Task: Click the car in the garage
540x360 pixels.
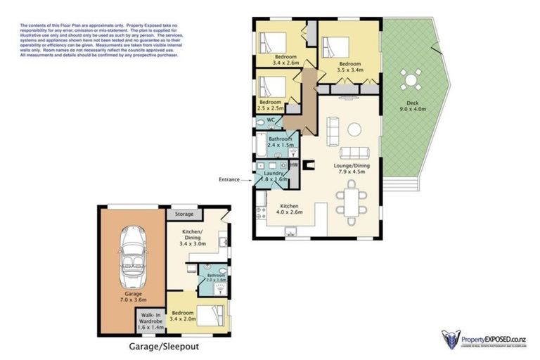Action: coord(132,257)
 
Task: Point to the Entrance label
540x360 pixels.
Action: coord(229,180)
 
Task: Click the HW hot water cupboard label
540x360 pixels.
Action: coord(294,165)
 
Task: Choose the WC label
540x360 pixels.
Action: coord(271,120)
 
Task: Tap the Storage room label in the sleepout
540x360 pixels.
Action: coord(185,214)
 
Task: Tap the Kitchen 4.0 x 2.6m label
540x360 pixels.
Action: coord(288,209)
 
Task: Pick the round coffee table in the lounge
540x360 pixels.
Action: coord(355,129)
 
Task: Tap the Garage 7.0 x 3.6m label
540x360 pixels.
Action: coord(132,296)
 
